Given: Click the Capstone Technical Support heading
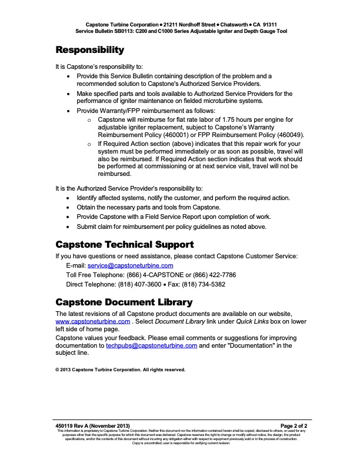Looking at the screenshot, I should (x=124, y=244).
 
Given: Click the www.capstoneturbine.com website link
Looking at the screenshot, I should (x=92, y=322).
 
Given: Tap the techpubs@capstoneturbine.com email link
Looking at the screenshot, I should (x=151, y=346).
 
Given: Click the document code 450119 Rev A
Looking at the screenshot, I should (x=72, y=425).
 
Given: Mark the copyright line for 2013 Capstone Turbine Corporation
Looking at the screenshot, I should (x=120, y=370).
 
